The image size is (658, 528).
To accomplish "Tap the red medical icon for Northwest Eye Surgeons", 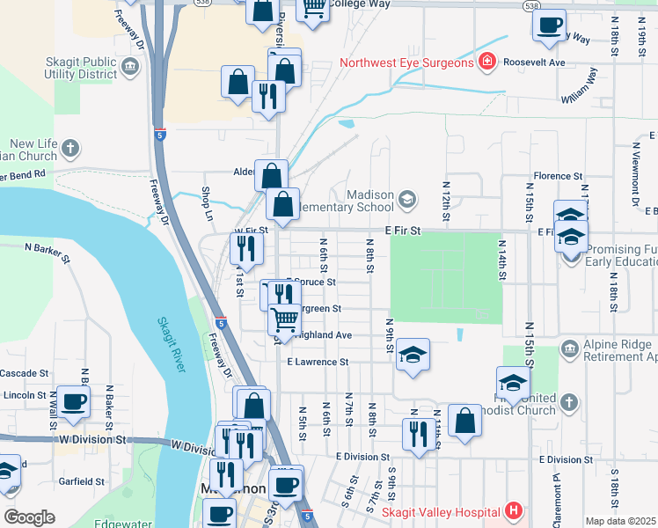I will tap(486, 62).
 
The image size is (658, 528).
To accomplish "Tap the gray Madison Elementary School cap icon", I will tap(406, 199).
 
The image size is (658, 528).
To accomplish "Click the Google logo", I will tap(29, 517).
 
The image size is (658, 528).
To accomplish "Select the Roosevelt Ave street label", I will tap(533, 62).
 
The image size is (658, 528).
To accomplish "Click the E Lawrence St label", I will tap(318, 362).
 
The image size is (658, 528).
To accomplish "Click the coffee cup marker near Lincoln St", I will tap(73, 401).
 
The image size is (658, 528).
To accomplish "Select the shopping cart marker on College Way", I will tap(312, 7).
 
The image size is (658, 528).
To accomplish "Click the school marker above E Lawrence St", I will tap(413, 355).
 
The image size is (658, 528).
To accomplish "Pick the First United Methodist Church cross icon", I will tap(569, 402).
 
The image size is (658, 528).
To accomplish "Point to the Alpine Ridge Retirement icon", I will tap(569, 351).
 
